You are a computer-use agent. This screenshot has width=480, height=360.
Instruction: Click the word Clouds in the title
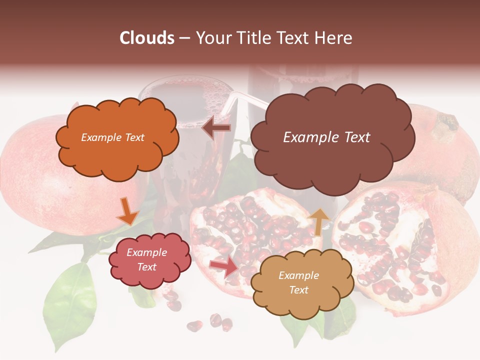147,38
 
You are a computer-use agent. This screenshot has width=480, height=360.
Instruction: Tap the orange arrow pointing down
127,212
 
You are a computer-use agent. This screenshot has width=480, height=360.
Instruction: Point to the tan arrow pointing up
320,221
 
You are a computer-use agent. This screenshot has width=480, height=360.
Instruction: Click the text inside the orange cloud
112,137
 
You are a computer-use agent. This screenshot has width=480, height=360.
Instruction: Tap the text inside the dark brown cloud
326,137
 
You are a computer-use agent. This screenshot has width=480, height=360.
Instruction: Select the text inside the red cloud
147,259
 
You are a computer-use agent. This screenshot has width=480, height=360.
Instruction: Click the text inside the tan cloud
298,282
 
